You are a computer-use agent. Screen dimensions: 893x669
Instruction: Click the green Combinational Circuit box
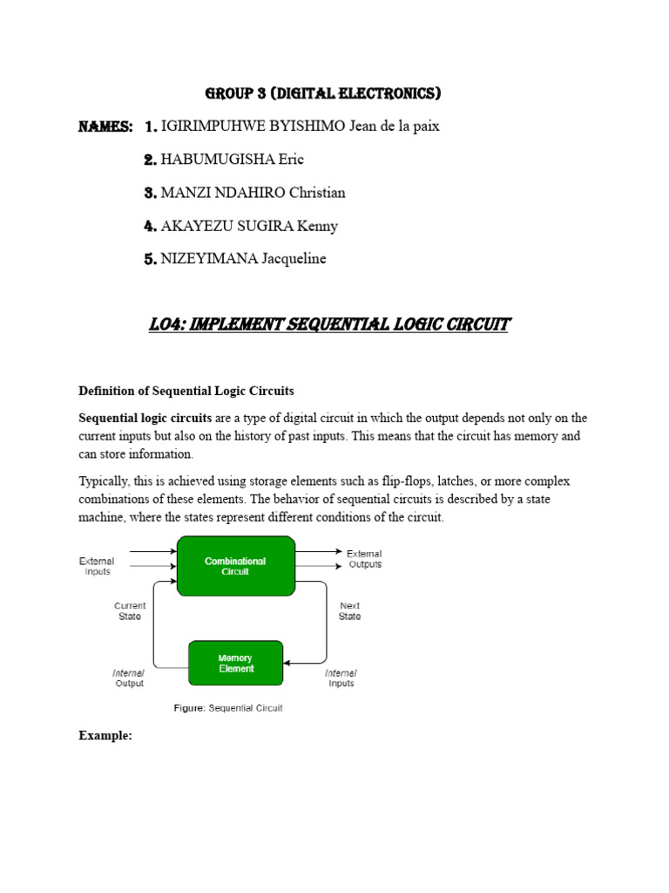[x=235, y=566]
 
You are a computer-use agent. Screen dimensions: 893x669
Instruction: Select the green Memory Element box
[x=235, y=664]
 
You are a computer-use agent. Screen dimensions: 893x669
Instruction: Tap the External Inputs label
[x=97, y=566]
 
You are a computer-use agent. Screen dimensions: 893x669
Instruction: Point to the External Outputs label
[x=364, y=559]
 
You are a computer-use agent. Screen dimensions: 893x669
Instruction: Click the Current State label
[x=130, y=610]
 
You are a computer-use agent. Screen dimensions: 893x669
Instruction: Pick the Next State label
[x=349, y=610]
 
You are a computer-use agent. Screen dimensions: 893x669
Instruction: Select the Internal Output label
[x=129, y=678]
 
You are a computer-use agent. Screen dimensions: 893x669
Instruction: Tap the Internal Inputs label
[x=341, y=678]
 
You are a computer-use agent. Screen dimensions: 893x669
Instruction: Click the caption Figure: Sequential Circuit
[x=226, y=708]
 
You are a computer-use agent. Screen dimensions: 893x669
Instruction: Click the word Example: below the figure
[x=105, y=735]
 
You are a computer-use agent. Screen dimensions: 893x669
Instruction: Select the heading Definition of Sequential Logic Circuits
[x=186, y=390]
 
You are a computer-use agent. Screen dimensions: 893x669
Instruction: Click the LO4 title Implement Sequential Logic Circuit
[x=329, y=325]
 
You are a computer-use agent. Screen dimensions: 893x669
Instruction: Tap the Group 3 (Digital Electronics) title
[x=322, y=93]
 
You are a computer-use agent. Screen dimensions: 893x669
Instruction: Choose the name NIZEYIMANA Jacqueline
[x=244, y=259]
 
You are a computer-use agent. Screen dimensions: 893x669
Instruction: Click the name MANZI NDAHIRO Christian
[x=253, y=193]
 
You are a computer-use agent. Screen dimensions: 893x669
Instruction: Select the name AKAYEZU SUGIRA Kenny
[x=250, y=226]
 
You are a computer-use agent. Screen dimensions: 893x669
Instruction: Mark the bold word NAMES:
[x=105, y=127]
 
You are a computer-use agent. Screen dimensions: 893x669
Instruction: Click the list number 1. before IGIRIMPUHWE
[x=151, y=127]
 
